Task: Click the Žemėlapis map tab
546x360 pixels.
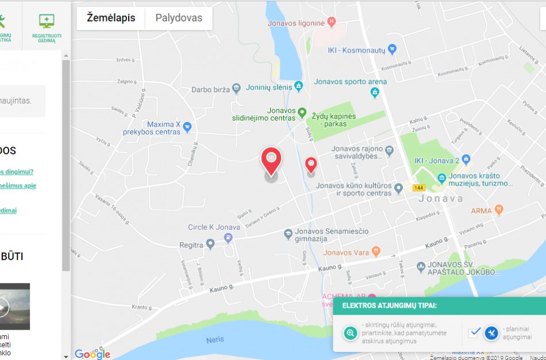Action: [111, 18]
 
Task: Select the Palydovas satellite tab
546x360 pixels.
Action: [179, 18]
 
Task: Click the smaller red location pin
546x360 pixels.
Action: [311, 165]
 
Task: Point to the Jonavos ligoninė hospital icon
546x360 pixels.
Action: [331, 22]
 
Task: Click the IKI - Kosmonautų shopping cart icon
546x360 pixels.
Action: [392, 49]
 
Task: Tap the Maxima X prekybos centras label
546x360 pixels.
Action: [152, 128]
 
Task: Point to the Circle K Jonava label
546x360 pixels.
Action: [214, 227]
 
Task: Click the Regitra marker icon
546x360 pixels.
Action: [210, 244]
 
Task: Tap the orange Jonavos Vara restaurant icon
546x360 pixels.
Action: [376, 251]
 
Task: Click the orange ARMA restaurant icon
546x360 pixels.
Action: [499, 210]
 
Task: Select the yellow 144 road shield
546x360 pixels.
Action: [418, 188]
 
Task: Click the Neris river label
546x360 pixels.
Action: [215, 340]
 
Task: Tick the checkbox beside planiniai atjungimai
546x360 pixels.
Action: [474, 332]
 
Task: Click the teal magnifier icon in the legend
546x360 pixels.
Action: [350, 333]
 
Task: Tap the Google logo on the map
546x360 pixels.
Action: [92, 354]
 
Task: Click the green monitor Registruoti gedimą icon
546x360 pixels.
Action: [47, 21]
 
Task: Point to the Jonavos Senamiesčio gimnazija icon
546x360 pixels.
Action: [288, 234]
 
